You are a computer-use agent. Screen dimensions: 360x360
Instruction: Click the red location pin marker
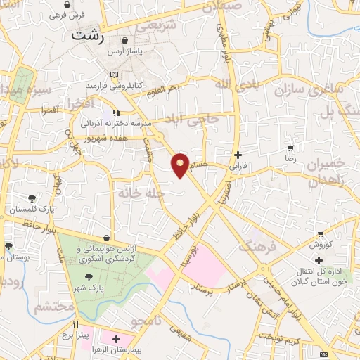tap(181, 165)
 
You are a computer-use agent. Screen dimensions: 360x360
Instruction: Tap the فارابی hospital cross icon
tap(238, 155)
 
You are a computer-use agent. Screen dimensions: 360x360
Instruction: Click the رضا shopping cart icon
tap(290, 149)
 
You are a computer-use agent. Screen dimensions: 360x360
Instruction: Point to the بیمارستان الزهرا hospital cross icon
tap(117, 339)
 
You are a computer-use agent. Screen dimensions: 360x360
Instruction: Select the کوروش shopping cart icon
tap(321, 233)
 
